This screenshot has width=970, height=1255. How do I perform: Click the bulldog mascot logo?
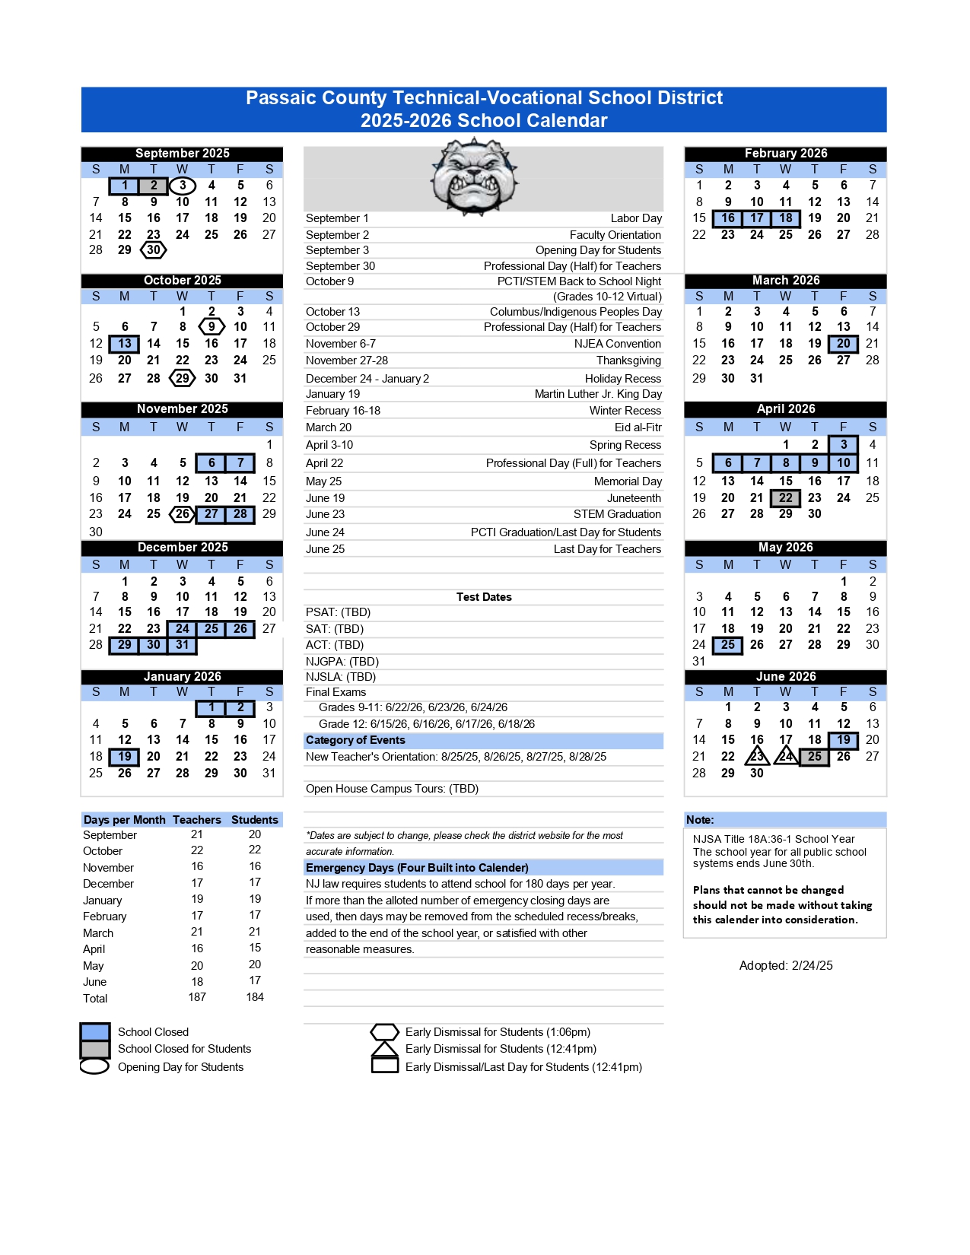[x=474, y=177]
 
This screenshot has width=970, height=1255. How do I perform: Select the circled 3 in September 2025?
[x=183, y=186]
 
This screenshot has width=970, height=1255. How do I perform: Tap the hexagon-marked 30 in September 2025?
[x=154, y=250]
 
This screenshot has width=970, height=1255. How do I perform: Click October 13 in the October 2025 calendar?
[x=125, y=344]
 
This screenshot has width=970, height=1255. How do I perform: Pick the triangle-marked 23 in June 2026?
[x=757, y=756]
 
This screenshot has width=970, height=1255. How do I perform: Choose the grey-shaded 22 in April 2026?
[x=786, y=498]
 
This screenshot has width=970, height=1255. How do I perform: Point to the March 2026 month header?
[x=785, y=281]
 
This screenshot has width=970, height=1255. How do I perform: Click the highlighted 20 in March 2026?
[x=843, y=344]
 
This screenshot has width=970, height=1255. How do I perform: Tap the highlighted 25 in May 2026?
[x=728, y=645]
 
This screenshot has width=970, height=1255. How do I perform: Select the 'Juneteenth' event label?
[x=634, y=498]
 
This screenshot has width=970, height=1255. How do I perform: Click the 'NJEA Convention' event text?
[x=617, y=344]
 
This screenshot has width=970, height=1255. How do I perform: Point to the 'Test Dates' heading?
[x=484, y=597]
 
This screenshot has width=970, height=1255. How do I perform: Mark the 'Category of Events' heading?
[x=355, y=740]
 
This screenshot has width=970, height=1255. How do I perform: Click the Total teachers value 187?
[x=197, y=997]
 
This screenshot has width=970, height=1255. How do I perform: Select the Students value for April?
[x=255, y=948]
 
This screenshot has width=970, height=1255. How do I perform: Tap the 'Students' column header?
[x=255, y=820]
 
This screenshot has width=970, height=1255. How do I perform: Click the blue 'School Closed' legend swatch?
[x=95, y=1032]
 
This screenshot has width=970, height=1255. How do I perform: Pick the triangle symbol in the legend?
[x=385, y=1049]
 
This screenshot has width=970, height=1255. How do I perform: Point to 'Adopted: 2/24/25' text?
[x=786, y=966]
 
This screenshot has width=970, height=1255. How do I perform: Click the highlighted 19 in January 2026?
[x=125, y=757]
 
